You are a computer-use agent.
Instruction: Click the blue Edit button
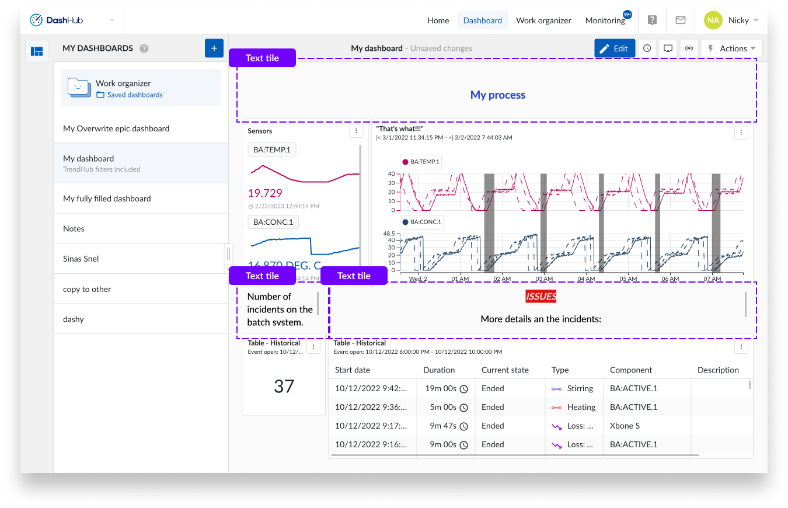(x=615, y=48)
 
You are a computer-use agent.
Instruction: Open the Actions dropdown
(x=732, y=48)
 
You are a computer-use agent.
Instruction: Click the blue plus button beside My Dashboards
(x=214, y=48)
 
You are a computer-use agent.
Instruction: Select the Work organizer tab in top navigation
(x=543, y=20)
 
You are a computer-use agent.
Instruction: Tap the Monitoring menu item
(x=605, y=20)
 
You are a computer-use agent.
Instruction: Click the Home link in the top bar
(x=438, y=20)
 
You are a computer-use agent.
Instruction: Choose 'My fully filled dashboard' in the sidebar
(x=107, y=199)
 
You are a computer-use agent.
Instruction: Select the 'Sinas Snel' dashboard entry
(x=81, y=259)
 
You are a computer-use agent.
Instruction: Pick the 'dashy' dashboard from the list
(x=74, y=319)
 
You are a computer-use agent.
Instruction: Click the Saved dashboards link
(x=135, y=95)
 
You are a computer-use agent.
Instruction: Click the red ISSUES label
(x=541, y=297)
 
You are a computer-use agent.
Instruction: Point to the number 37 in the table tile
(x=284, y=386)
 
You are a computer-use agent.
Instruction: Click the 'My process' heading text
(x=497, y=95)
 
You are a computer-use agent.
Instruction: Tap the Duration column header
(x=439, y=370)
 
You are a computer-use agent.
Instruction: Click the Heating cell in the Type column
(x=581, y=407)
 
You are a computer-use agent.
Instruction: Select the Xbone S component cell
(x=625, y=426)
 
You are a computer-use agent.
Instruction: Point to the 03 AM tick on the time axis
(x=544, y=279)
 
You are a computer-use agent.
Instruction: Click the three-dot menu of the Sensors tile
(x=356, y=131)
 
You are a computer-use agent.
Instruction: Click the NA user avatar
(x=713, y=20)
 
